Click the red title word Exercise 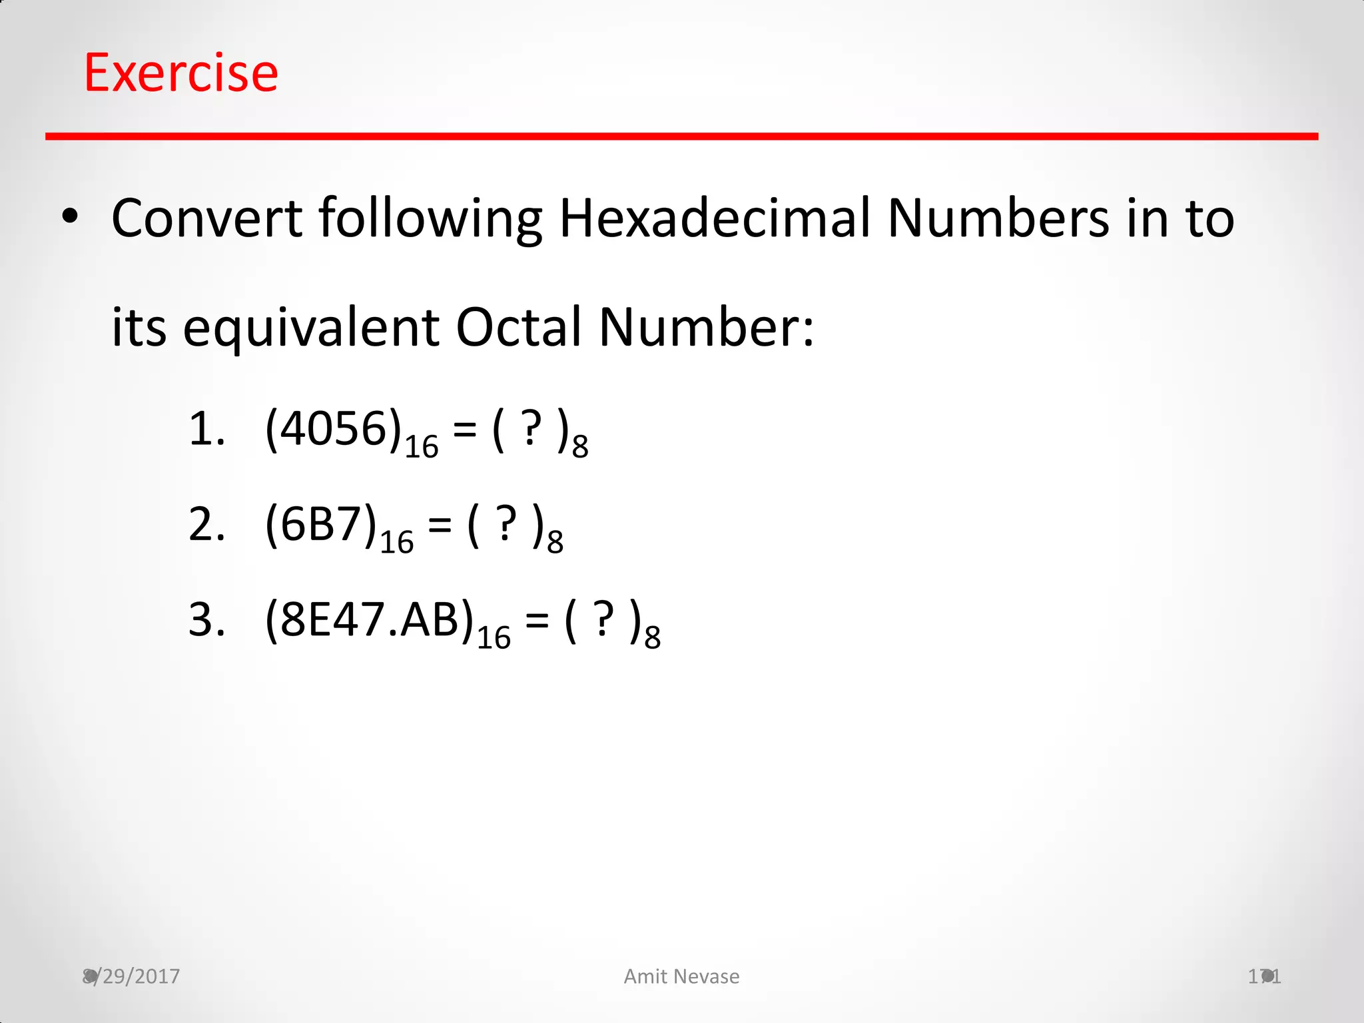pos(181,73)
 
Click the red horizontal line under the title pos(681,137)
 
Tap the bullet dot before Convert pos(70,217)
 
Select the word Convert pos(207,218)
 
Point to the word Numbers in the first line pos(998,218)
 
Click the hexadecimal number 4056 pos(334,429)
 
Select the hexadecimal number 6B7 pos(321,525)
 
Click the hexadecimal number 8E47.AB pos(370,620)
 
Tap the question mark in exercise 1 pos(531,430)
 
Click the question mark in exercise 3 pos(603,620)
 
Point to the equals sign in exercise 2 pos(440,526)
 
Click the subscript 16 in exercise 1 pos(422,447)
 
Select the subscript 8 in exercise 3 pos(653,637)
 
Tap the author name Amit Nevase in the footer pos(681,976)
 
